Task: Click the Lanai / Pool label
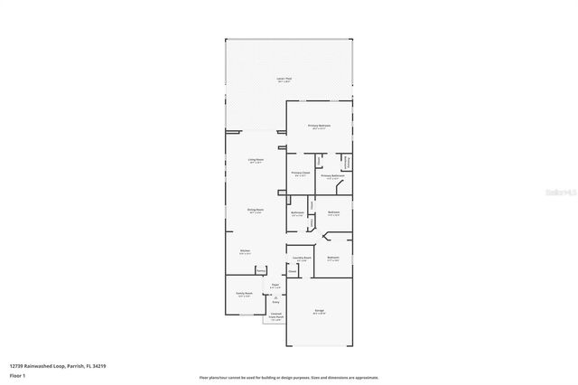283,80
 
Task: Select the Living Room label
256,160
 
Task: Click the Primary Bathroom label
332,175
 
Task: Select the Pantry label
260,269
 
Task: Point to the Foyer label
275,286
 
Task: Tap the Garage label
320,311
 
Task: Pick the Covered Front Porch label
276,316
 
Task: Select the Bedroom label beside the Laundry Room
332,258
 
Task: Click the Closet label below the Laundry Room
294,270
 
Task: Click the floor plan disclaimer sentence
289,376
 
